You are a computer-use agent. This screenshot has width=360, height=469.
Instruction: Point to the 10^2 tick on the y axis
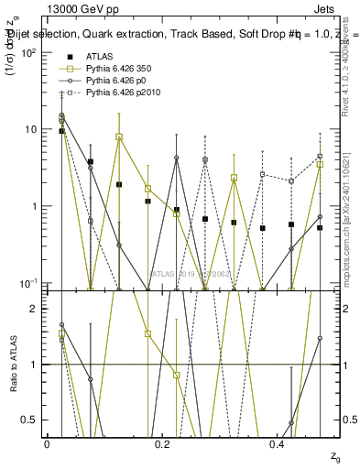click(27, 52)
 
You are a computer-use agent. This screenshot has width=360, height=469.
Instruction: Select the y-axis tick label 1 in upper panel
click(34, 206)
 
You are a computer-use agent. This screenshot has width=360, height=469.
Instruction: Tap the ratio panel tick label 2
click(34, 309)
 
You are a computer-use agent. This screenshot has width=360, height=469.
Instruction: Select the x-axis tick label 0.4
click(278, 444)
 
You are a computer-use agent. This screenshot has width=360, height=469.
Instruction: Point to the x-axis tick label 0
click(47, 444)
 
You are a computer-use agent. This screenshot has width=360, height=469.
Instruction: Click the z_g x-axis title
click(336, 456)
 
